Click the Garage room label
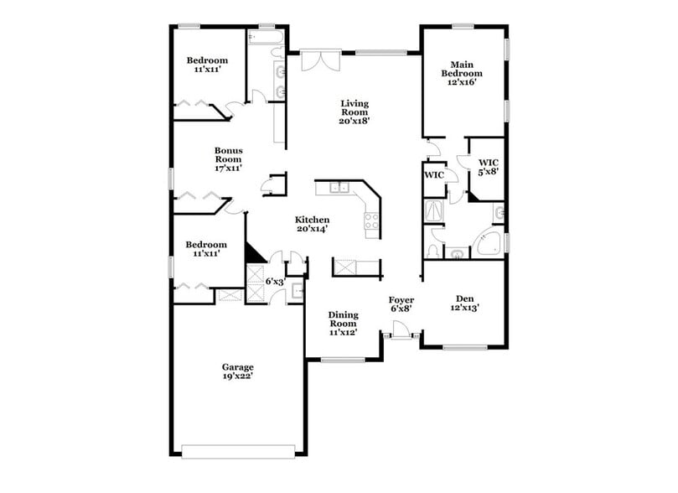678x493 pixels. (x=237, y=367)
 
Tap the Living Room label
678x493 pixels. (x=354, y=104)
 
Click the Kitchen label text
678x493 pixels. (x=311, y=220)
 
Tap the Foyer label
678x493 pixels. (x=401, y=299)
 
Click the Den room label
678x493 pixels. (x=464, y=298)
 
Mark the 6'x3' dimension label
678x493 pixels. (x=275, y=282)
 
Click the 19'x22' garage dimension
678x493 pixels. (x=237, y=376)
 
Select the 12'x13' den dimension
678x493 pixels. (x=464, y=307)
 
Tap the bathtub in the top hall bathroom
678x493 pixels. (x=255, y=35)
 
